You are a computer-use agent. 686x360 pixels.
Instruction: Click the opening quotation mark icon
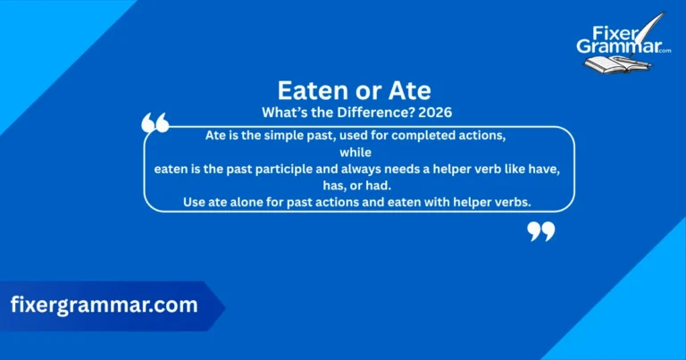pos(155,123)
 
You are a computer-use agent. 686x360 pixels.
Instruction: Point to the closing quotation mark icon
pos(540,231)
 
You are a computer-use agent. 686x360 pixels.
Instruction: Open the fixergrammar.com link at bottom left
pos(105,305)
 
